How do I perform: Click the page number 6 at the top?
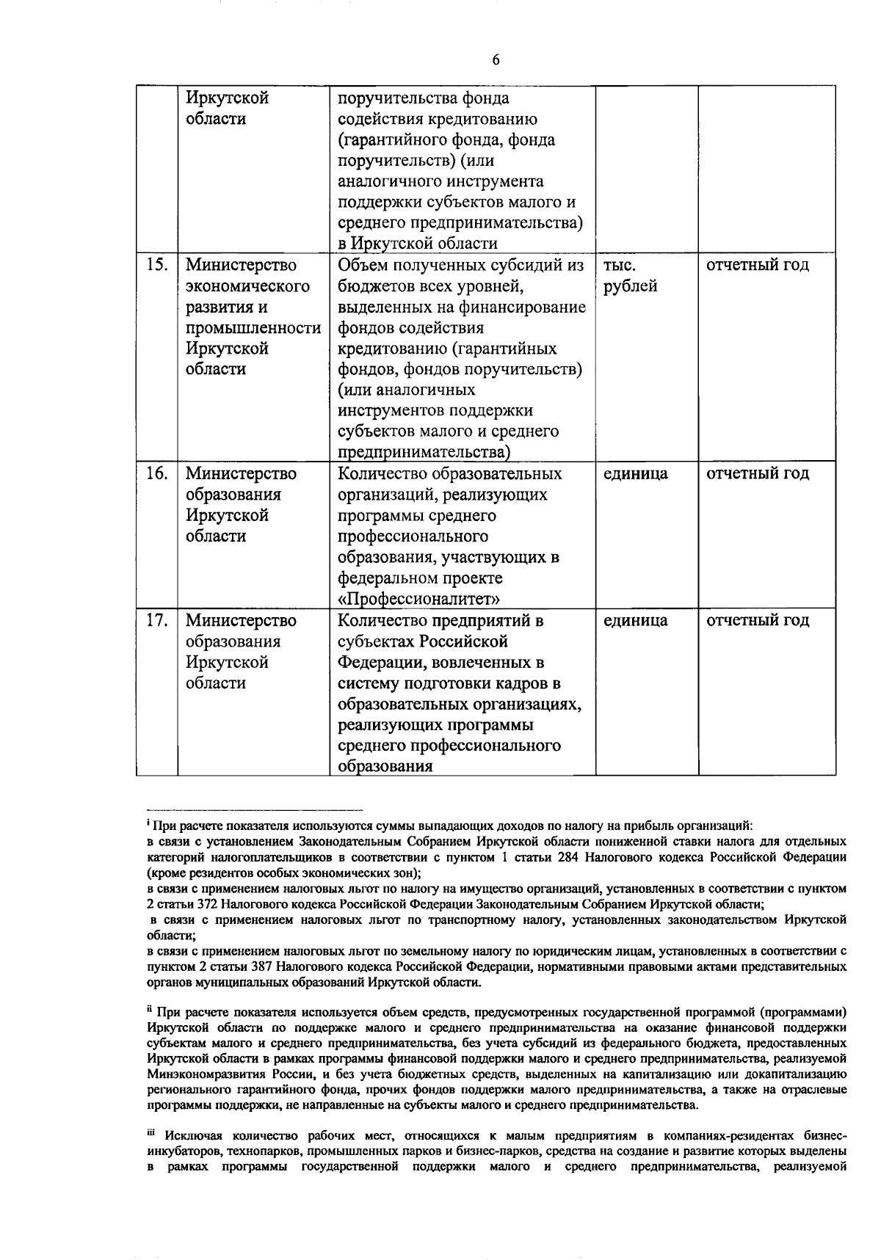(496, 60)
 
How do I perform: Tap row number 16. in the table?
(156, 474)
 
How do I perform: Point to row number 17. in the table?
(156, 621)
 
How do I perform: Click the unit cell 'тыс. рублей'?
(630, 275)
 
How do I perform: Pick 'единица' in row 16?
(635, 474)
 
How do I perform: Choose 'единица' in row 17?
(635, 621)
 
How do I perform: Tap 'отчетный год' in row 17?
(757, 621)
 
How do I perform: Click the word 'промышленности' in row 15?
(253, 328)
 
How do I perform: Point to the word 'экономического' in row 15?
(247, 286)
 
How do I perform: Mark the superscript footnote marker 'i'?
(148, 823)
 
